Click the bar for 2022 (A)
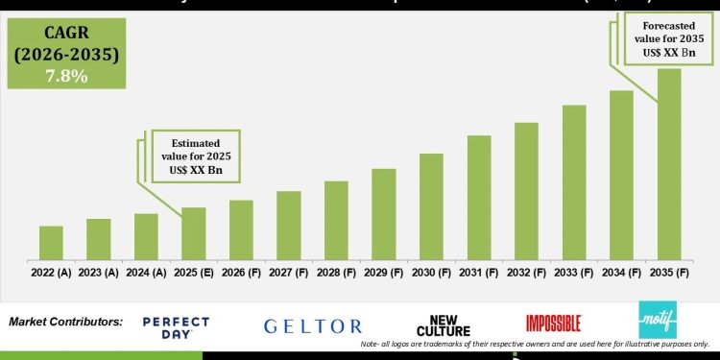click(51, 243)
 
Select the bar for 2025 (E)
click(194, 233)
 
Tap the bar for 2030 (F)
click(431, 206)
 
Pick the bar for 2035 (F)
click(669, 164)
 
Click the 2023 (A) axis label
click(99, 273)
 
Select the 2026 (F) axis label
click(241, 273)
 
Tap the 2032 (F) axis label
click(526, 273)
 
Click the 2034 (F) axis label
click(621, 273)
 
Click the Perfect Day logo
click(175, 327)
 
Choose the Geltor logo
click(313, 326)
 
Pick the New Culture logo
click(444, 325)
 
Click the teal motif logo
click(660, 320)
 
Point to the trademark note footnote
click(535, 344)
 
